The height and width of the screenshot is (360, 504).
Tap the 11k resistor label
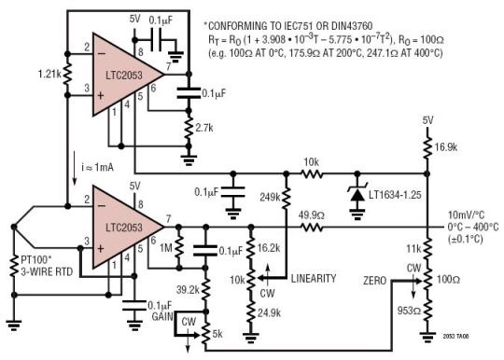(x=412, y=250)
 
